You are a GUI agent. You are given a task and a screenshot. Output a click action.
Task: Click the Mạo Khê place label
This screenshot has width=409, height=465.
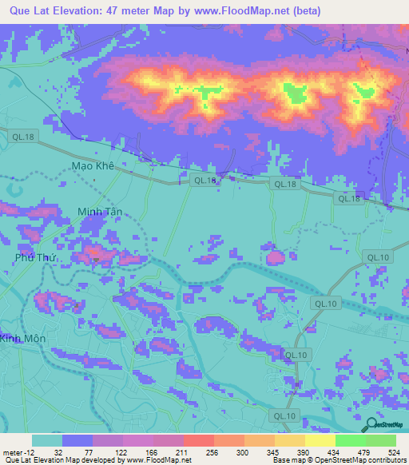pyautogui.click(x=93, y=166)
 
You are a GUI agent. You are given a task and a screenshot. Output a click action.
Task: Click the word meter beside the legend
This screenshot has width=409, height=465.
pyautogui.click(x=16, y=453)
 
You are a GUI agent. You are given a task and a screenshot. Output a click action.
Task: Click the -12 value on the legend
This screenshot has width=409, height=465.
pyautogui.click(x=32, y=453)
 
